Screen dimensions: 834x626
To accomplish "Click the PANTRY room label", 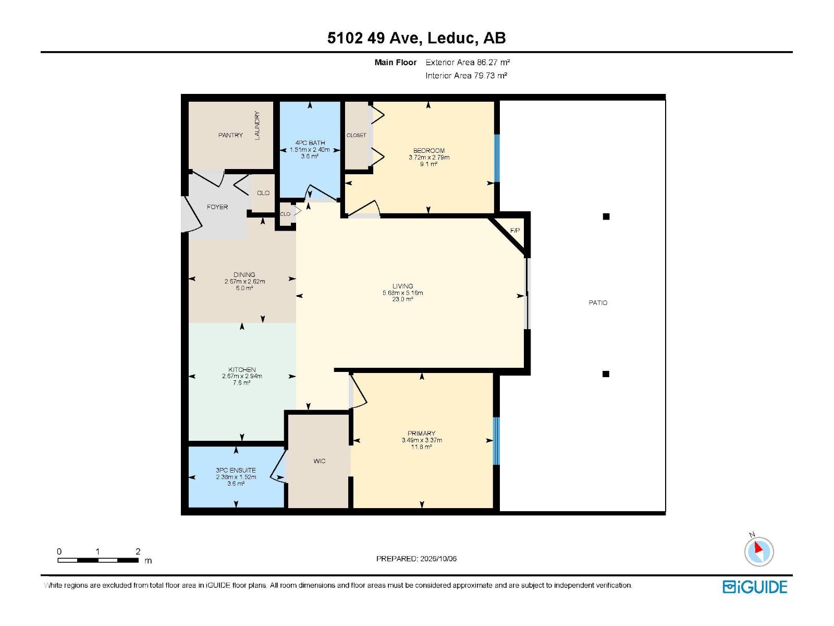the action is point(230,135).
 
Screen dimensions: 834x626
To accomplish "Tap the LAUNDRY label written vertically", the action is point(257,125).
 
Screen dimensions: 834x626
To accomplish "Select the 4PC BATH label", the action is point(310,143).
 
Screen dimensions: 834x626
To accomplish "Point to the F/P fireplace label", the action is point(515,231).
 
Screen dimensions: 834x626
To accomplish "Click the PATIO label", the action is point(598,303).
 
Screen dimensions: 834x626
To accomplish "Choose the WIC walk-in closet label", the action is point(319,461).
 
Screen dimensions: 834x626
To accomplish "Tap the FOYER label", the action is point(217,207).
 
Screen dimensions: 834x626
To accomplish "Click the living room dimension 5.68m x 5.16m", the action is point(403,293).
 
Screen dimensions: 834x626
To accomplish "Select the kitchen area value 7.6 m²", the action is point(242,383).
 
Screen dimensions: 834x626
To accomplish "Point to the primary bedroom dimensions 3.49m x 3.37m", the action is point(422,440).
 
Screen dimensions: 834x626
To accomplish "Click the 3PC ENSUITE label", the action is point(236,470).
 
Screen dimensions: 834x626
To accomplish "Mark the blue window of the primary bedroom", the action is point(496,441).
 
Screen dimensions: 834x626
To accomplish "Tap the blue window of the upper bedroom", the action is point(496,158).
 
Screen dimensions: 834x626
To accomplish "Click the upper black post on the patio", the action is point(606,216).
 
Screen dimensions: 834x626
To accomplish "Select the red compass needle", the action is point(758,548).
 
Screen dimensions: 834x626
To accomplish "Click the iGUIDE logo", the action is point(755,587).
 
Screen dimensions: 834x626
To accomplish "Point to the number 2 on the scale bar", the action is point(138,551).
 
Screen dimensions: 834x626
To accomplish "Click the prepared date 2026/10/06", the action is point(438,559).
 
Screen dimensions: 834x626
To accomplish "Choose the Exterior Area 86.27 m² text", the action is point(468,62).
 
